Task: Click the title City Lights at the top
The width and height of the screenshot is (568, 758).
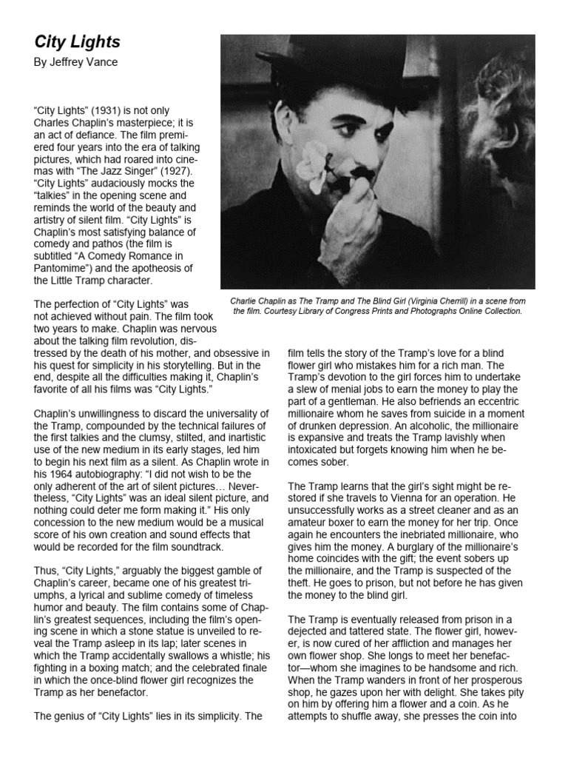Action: tap(77, 41)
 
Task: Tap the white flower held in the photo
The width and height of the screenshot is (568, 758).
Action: tap(314, 165)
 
